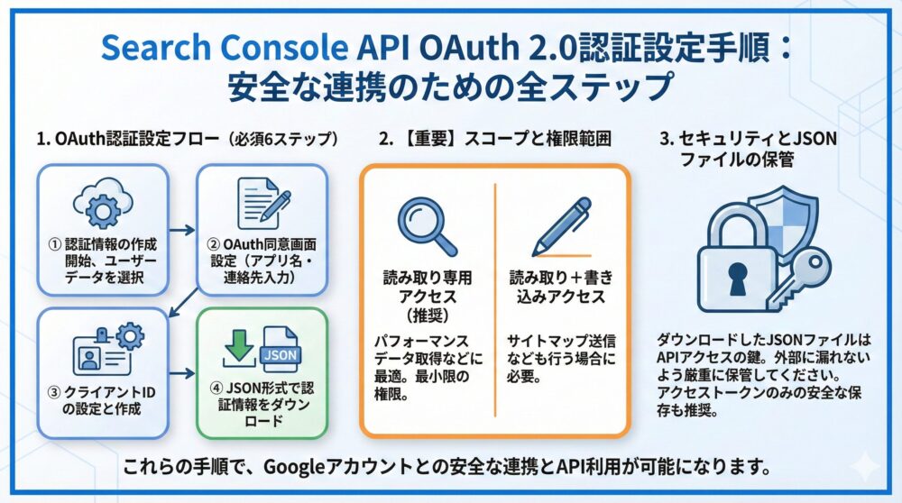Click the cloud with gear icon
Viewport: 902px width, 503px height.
101,203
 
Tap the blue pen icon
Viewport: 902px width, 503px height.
560,225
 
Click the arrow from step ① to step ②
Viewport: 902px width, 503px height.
180,230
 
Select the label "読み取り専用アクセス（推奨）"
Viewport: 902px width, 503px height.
427,295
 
